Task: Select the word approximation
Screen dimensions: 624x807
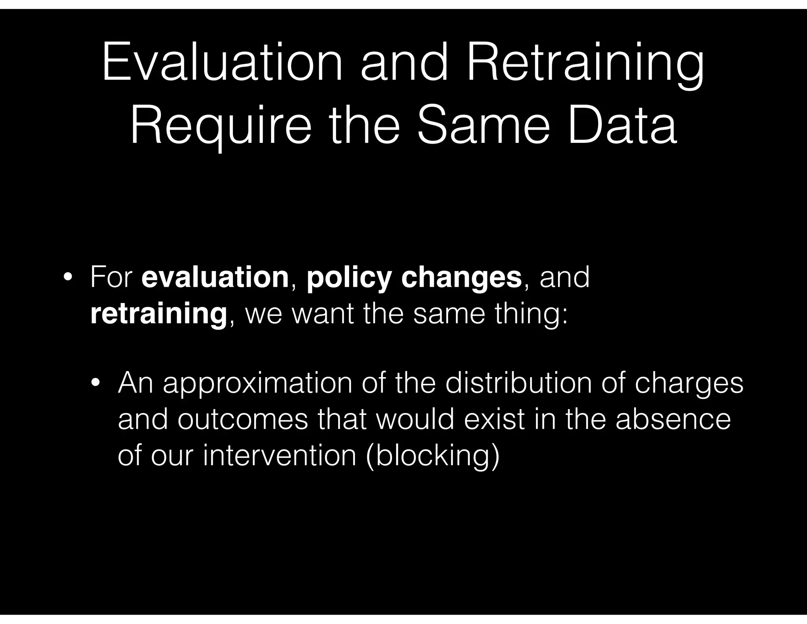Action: tap(258, 384)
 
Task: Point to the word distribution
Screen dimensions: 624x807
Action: tap(519, 383)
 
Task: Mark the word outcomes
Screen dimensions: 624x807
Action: tap(243, 419)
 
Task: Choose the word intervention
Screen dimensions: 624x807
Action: tap(280, 455)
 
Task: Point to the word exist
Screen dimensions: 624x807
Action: tap(495, 419)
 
